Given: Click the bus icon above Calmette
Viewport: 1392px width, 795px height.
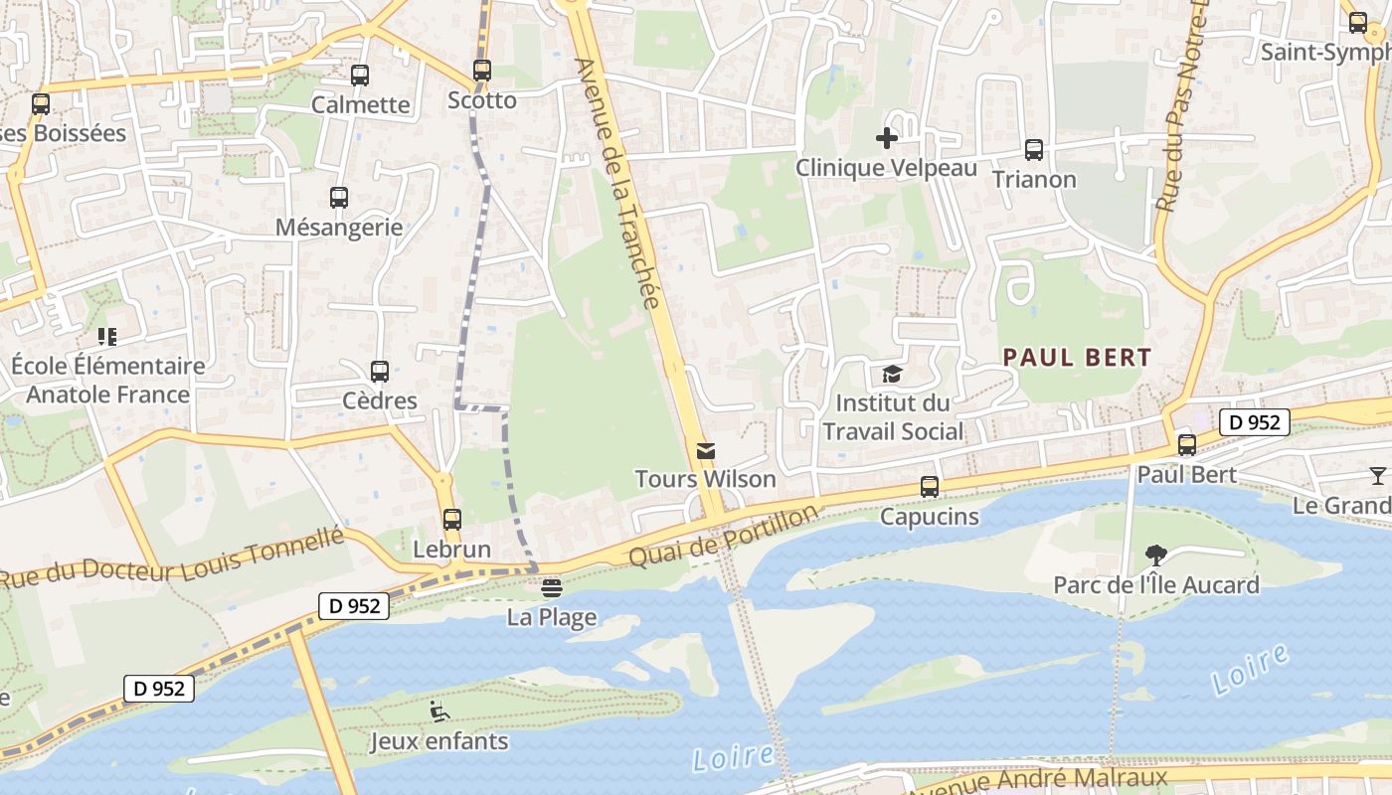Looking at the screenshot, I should click(x=360, y=75).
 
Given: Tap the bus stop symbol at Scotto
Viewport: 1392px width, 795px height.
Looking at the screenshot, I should click(x=482, y=71).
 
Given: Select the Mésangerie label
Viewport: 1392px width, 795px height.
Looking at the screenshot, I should click(x=339, y=227).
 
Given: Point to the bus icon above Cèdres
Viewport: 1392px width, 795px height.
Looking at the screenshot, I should click(x=379, y=372).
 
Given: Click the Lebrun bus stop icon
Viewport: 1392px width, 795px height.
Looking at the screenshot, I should click(x=451, y=519).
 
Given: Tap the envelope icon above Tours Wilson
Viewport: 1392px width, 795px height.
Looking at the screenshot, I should click(x=706, y=451).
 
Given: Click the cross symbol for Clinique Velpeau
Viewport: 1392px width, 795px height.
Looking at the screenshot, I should click(x=887, y=138).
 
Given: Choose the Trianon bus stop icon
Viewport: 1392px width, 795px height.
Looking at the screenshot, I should click(x=1034, y=150).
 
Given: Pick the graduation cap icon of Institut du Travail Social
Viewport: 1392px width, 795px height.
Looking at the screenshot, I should click(x=892, y=375).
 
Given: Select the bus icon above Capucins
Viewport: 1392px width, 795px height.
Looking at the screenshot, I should click(x=930, y=487).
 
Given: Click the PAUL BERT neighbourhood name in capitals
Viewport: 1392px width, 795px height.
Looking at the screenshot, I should click(x=1077, y=358).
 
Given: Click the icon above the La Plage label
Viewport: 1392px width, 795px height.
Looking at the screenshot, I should click(x=552, y=588).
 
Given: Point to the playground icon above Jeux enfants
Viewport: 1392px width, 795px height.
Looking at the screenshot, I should click(x=438, y=712).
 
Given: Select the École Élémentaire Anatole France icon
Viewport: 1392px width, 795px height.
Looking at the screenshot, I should click(x=107, y=337).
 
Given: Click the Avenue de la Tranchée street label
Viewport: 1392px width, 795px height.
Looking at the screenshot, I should click(x=618, y=183).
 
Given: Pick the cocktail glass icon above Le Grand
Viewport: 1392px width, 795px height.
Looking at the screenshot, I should click(x=1377, y=476).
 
